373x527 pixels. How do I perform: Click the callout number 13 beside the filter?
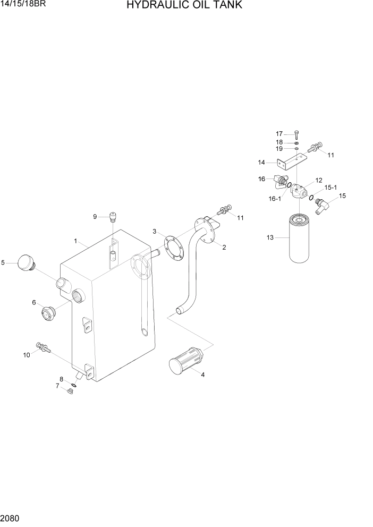pyautogui.click(x=270, y=237)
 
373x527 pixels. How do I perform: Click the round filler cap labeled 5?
pyautogui.click(x=26, y=263)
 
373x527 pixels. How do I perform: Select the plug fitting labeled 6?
pyautogui.click(x=48, y=313)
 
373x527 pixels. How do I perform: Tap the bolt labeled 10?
pyautogui.click(x=42, y=347)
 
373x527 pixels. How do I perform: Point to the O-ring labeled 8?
pyautogui.click(x=73, y=385)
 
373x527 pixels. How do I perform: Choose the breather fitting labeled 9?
pyautogui.click(x=112, y=216)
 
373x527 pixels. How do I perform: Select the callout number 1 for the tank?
pyautogui.click(x=76, y=241)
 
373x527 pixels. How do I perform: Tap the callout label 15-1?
pyautogui.click(x=330, y=187)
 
